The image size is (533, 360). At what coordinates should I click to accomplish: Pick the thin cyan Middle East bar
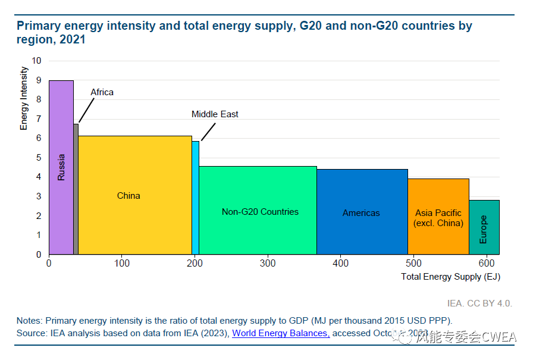point(195,202)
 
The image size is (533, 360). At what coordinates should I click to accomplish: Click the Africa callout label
point(102,92)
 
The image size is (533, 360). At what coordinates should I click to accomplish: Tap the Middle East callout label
point(215,114)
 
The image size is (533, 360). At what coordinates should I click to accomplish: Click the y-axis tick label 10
point(37,61)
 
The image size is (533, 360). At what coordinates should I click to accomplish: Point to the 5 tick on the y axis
point(39,158)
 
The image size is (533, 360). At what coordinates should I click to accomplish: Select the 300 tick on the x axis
point(268,263)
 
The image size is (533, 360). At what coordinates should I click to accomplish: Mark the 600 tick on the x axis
point(486,263)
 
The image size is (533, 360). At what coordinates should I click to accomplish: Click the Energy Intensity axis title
point(24,98)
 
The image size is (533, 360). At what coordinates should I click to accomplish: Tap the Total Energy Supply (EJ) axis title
point(450,277)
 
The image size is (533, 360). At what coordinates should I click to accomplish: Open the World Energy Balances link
point(281,333)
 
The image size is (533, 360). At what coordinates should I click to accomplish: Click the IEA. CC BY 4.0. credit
point(479,303)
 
